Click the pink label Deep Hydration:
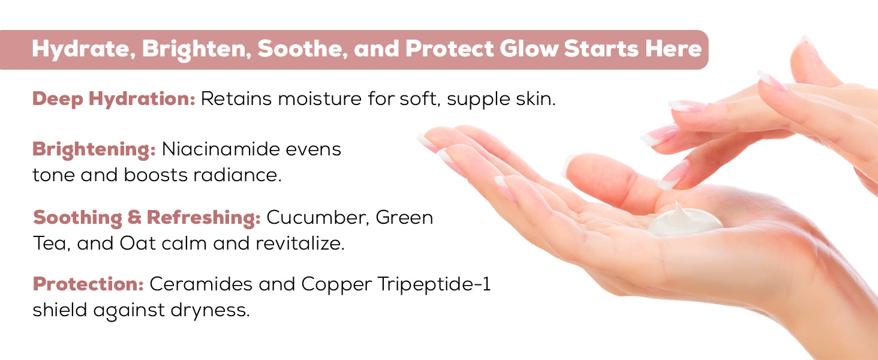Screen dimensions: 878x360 114,100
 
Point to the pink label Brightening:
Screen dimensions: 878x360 94,150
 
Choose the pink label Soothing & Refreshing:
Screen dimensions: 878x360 147,218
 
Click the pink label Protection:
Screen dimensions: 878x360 88,284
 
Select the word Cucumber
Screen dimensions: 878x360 318,218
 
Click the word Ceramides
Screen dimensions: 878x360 201,284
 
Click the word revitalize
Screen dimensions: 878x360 300,243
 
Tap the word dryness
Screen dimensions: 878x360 210,311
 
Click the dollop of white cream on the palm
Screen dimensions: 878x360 685,221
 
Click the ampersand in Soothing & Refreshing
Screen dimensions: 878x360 134,217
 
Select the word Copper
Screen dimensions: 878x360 336,285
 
